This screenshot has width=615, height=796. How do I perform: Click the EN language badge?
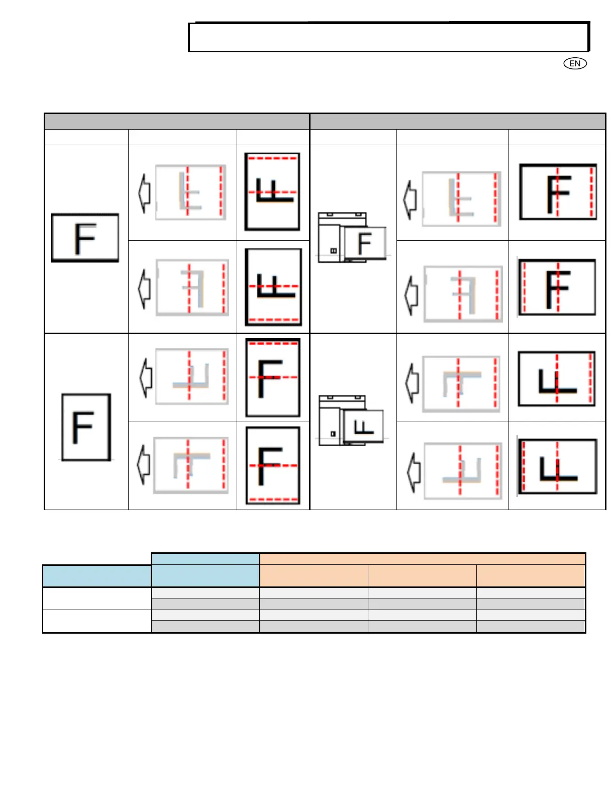point(575,63)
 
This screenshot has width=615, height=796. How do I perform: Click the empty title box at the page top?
point(388,37)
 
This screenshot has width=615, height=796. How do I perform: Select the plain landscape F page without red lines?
point(85,238)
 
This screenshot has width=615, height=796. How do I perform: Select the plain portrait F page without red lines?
point(86,427)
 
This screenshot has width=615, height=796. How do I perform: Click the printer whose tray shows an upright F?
point(352,237)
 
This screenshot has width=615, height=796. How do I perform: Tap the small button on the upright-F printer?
point(333,250)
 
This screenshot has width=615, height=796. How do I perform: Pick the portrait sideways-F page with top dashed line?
point(272,191)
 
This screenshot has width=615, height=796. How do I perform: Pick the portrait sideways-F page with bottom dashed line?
point(273,286)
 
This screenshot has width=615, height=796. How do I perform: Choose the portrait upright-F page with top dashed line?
point(273,377)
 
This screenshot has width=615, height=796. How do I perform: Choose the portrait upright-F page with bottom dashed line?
point(273,465)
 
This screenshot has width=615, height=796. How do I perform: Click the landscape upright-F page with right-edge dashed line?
point(558,191)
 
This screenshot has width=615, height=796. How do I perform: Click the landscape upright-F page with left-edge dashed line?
point(557,287)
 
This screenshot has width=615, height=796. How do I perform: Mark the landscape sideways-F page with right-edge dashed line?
point(557,378)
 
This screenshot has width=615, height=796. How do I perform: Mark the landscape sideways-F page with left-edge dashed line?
point(557,466)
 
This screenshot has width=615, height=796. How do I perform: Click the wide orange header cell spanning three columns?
point(422,559)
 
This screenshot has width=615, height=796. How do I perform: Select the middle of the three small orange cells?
point(422,575)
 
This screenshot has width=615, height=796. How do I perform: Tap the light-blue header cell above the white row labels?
point(97,576)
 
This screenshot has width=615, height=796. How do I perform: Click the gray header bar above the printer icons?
point(457,122)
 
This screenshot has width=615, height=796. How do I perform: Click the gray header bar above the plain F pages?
point(177,122)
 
